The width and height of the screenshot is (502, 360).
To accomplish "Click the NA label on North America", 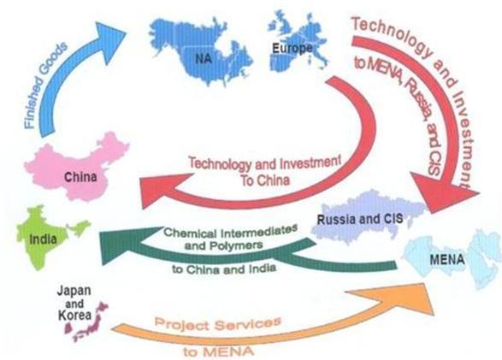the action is (x=204, y=58).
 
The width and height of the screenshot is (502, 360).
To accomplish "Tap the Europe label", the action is (x=292, y=49).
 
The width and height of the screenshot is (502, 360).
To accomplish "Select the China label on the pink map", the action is (x=80, y=177).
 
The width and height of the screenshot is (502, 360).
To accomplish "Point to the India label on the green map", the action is (x=43, y=239).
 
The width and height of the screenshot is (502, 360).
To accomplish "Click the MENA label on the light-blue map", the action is (x=447, y=259).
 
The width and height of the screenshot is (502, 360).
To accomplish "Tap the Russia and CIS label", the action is (x=360, y=219).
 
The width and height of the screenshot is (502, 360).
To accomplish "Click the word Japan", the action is (x=74, y=291).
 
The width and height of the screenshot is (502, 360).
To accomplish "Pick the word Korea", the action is (x=74, y=316).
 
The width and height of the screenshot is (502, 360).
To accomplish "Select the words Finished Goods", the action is (x=45, y=86).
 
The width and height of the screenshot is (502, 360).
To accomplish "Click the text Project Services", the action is (x=218, y=324).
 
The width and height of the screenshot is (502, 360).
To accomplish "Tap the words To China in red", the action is (x=265, y=180).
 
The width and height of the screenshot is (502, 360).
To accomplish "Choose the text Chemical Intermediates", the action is (x=230, y=232).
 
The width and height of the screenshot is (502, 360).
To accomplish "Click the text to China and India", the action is (x=224, y=269).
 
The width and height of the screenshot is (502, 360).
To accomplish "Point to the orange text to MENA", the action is (x=218, y=351).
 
